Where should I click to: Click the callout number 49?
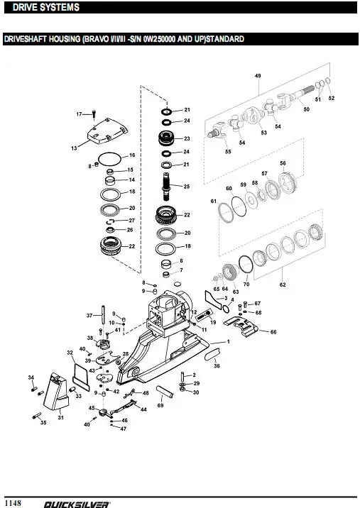pos(258,76)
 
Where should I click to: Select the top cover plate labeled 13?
pos(108,131)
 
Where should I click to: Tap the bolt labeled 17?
pos(94,114)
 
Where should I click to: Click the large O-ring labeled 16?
pos(109,159)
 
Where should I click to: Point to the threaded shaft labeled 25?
pos(166,187)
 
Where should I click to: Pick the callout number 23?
pos(187,138)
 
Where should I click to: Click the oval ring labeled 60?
pos(239,206)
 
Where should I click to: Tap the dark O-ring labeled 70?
pos(246,265)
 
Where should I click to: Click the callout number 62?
pos(283,285)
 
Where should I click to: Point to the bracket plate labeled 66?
pos(241,326)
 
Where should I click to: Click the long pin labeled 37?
pos(103,314)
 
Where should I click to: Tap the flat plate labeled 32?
pos(81,377)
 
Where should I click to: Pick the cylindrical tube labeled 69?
pos(165,392)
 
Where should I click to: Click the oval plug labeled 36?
pos(213,354)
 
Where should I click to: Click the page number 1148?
pos(13,502)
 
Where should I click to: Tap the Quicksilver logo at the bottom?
pos(77,504)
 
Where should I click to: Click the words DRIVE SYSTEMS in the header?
pos(46,7)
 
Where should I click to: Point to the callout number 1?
pos(229,341)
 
